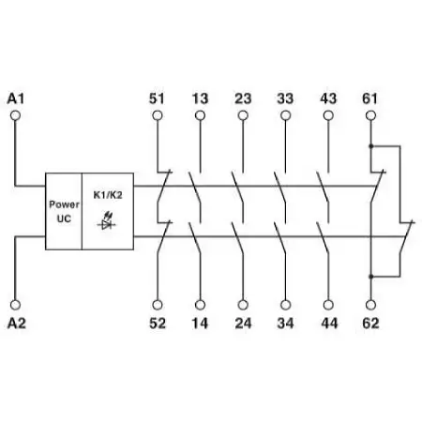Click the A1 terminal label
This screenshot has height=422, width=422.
[x=16, y=98]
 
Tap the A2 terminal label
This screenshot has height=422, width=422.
[x=16, y=324]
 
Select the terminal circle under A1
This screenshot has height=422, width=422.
[x=15, y=115]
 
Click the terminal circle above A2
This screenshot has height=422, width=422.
[x=15, y=305]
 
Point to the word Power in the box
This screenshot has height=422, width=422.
[x=64, y=204]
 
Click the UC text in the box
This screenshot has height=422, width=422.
[x=64, y=219]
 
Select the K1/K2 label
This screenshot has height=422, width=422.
[x=108, y=195]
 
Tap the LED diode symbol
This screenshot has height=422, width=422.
[x=107, y=221]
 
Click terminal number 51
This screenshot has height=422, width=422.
[x=157, y=98]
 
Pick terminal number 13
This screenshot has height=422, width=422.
[x=200, y=98]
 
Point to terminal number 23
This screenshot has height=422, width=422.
[x=243, y=98]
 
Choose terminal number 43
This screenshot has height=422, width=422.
[x=328, y=98]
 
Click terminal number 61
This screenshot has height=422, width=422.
[x=370, y=98]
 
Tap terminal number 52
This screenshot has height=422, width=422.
[x=158, y=324]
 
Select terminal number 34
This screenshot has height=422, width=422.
[x=285, y=324]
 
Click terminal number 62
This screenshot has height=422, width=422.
[x=370, y=324]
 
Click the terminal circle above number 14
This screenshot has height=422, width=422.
[x=200, y=305]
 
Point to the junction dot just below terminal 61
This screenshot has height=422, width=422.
[x=371, y=146]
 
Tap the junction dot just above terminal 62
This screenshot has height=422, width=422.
[x=371, y=277]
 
